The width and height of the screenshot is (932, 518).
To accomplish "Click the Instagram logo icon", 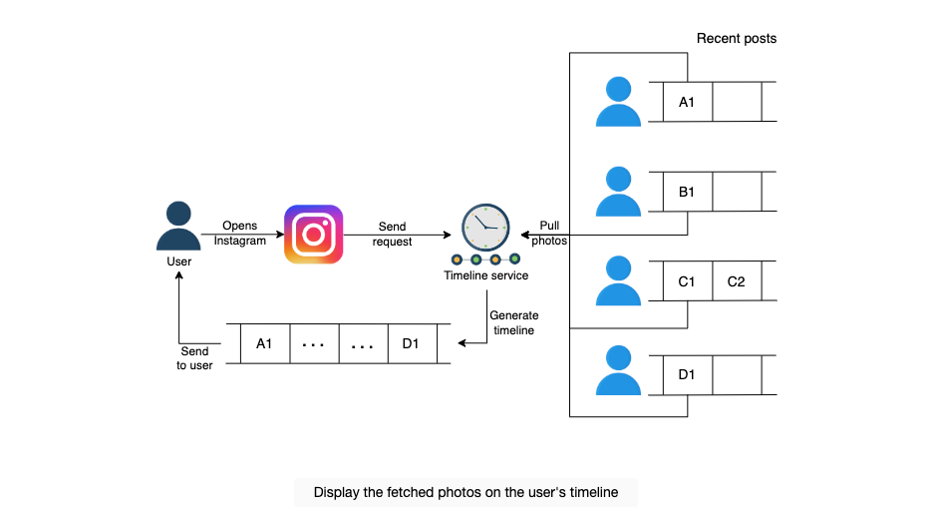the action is coord(313,234).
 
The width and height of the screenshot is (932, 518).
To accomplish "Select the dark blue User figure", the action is coord(178,226).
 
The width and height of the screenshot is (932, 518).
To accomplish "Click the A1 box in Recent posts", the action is coord(687,102).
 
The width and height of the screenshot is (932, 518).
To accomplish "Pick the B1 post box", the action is coord(687,192).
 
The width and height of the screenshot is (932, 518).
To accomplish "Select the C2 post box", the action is coord(737,281).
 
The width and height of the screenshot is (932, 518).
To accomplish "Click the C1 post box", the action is coord(687,281).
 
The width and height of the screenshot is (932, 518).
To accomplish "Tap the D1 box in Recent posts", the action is coord(687,374).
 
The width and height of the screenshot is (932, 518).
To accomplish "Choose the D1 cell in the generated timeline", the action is coord(412,343).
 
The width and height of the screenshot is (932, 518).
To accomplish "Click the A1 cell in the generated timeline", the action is coord(265,343).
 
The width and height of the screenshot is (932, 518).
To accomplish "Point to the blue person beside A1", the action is coord(618,101).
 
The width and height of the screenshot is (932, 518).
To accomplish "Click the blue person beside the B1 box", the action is coord(618,191).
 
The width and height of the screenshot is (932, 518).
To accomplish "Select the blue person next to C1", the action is coord(618,280).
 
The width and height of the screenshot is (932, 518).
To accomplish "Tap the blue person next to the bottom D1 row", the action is coord(618,370).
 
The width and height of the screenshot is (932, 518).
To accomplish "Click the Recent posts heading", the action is coord(737,39).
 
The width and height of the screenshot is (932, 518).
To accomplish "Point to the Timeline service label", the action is coord(486,275).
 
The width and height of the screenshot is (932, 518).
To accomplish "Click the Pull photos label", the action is coord(549,233).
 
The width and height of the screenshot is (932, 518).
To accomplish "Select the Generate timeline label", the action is coord(514,322).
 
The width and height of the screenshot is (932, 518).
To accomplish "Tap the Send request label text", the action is coord(393,234).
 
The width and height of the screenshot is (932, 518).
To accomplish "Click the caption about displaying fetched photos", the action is coord(466,492).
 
